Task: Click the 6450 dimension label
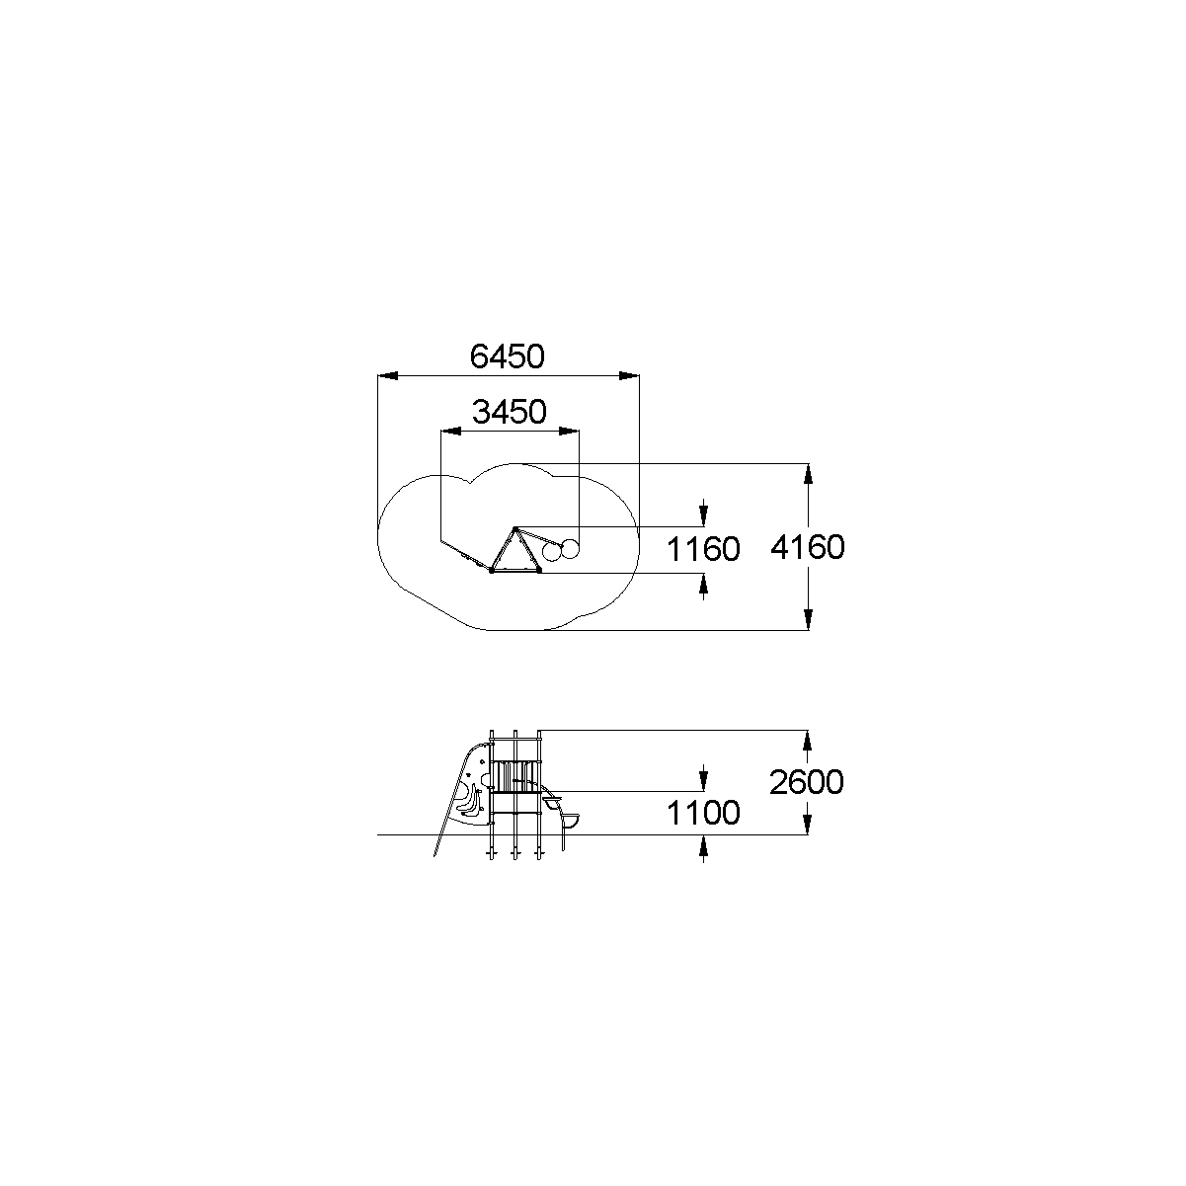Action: [508, 356]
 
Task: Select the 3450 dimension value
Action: [509, 412]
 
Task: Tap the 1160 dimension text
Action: [703, 549]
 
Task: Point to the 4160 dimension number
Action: [807, 546]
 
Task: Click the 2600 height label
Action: [806, 782]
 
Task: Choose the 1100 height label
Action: [703, 813]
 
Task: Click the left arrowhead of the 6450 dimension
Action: [388, 376]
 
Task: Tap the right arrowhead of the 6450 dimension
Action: [629, 376]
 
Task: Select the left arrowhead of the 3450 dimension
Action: [451, 432]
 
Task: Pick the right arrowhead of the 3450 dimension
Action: [570, 432]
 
